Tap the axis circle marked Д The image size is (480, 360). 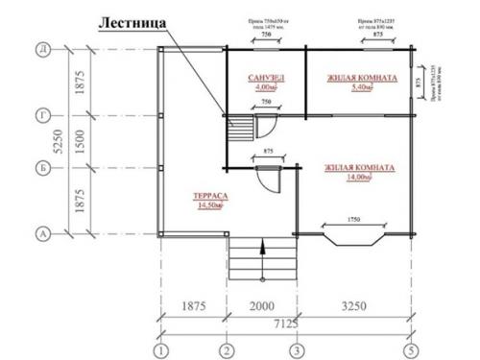tap(42, 47)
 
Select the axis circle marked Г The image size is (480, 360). tap(42, 113)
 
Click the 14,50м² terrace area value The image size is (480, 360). tap(204, 204)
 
